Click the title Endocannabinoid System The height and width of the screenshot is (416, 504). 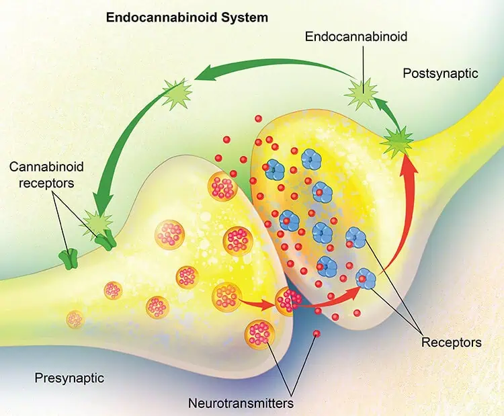click(187, 17)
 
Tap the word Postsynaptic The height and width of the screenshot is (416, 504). click(441, 74)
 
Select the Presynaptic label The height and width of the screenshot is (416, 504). click(69, 378)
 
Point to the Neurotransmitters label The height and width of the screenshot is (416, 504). click(241, 403)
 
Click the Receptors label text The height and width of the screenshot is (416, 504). click(452, 342)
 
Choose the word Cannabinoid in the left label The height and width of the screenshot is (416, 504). click(46, 167)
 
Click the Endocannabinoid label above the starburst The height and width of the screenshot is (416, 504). click(355, 36)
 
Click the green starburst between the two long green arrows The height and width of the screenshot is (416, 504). click(177, 93)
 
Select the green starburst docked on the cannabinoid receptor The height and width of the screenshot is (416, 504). click(98, 222)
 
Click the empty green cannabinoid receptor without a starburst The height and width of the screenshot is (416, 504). click(68, 259)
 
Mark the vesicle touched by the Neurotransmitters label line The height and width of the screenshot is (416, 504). click(259, 334)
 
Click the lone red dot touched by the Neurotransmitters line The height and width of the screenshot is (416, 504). click(317, 333)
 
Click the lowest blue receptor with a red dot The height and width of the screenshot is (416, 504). click(366, 278)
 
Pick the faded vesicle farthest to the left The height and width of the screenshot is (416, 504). click(75, 319)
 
